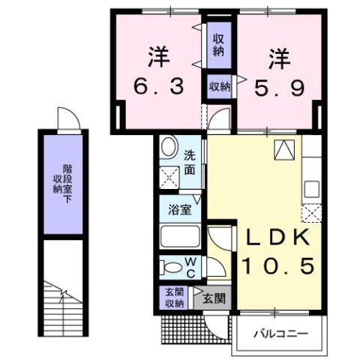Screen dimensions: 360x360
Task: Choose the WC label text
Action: pyautogui.click(x=191, y=268)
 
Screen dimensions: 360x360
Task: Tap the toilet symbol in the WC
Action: pyautogui.click(x=170, y=268)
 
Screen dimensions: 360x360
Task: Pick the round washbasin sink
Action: pyautogui.click(x=169, y=148)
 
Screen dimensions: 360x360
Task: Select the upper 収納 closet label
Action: pyautogui.click(x=218, y=44)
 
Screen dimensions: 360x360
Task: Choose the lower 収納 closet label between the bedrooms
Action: pyautogui.click(x=219, y=87)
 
